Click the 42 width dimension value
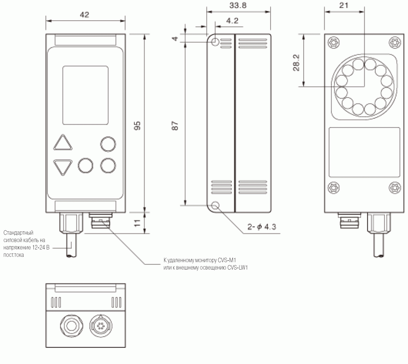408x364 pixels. pos(84,15)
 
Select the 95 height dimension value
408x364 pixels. pos(137,126)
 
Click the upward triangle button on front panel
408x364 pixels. pos(63,143)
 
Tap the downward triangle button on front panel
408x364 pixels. pos(63,167)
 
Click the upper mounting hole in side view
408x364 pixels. pos(216,42)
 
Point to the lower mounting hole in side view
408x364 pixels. pos(216,206)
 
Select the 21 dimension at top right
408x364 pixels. pos(344,5)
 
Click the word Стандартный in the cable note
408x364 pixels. pos(18,233)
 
